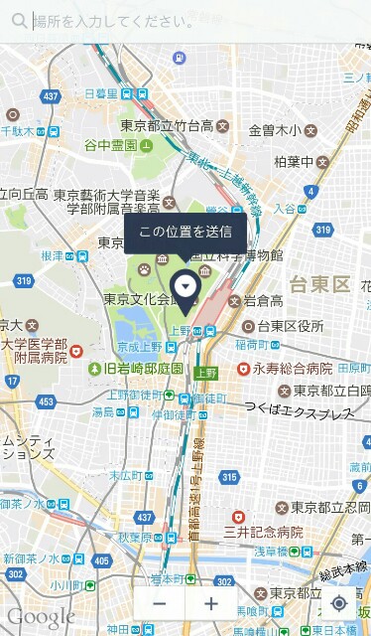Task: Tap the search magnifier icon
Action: pos(19,20)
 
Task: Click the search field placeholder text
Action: pos(114,20)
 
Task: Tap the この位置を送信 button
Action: pos(185,233)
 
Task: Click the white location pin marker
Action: pos(185,287)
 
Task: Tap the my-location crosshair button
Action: pos(339,603)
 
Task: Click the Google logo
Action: pos(41,616)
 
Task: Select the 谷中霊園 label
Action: pos(110,145)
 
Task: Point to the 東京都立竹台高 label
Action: pos(167,126)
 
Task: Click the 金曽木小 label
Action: pos(274,129)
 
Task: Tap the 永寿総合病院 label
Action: pos(292,368)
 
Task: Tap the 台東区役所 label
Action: pos(290,326)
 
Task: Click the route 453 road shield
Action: pos(46,401)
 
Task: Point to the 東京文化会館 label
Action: pos(145,298)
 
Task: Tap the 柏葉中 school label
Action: pos(294,162)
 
